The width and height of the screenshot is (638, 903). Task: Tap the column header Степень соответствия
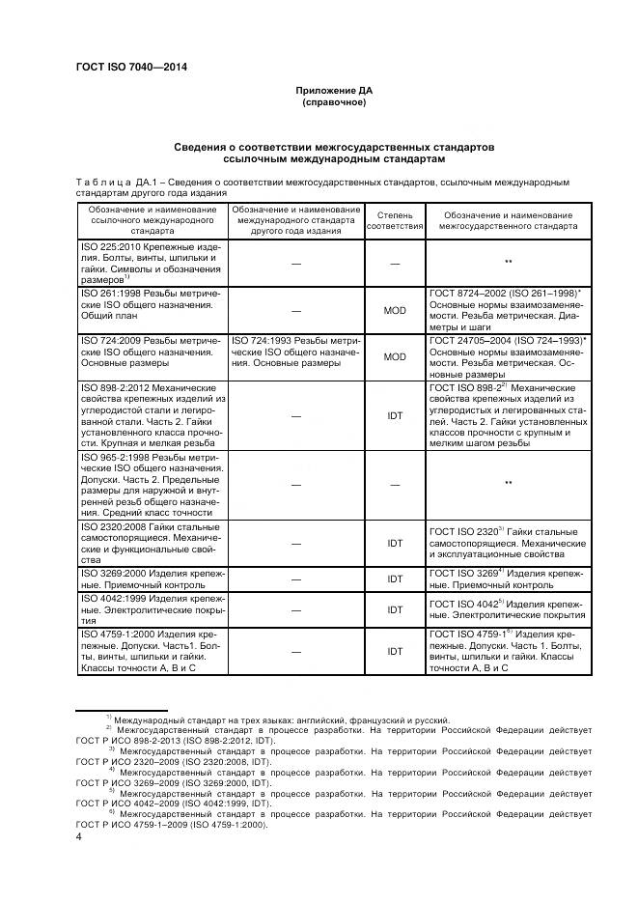(395, 219)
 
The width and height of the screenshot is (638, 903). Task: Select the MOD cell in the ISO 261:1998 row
(395, 310)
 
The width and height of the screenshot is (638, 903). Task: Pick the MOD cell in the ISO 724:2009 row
(395, 356)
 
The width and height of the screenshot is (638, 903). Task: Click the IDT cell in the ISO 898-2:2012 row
(395, 415)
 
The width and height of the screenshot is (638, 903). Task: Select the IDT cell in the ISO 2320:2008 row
(395, 544)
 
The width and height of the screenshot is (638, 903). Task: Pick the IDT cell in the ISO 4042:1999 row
(395, 609)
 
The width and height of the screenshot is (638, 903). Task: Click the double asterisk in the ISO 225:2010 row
(507, 262)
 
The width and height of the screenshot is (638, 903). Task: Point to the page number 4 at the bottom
(78, 838)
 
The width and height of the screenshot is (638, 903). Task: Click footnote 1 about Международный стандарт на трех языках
(280, 720)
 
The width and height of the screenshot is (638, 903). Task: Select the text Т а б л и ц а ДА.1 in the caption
(115, 181)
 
